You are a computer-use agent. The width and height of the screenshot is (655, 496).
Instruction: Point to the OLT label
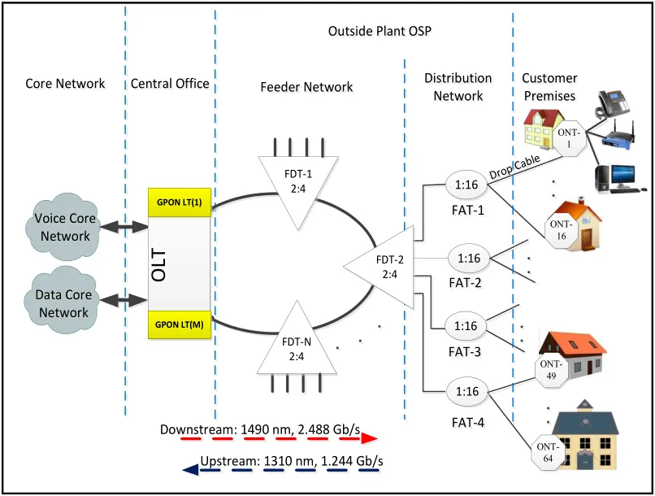[160, 265]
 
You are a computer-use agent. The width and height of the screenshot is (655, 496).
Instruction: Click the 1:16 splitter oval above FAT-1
[465, 185]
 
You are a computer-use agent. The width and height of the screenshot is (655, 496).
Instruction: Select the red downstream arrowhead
[370, 438]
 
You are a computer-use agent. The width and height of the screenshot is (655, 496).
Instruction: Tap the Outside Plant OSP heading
[379, 32]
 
